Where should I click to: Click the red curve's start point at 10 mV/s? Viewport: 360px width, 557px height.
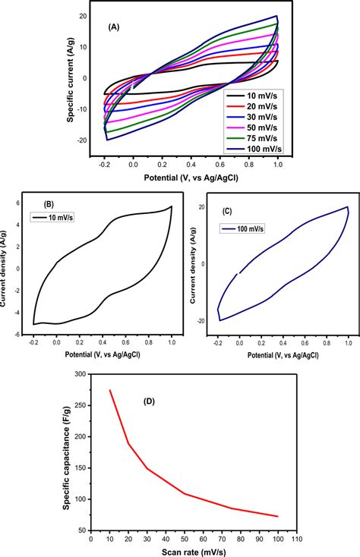click(110, 390)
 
